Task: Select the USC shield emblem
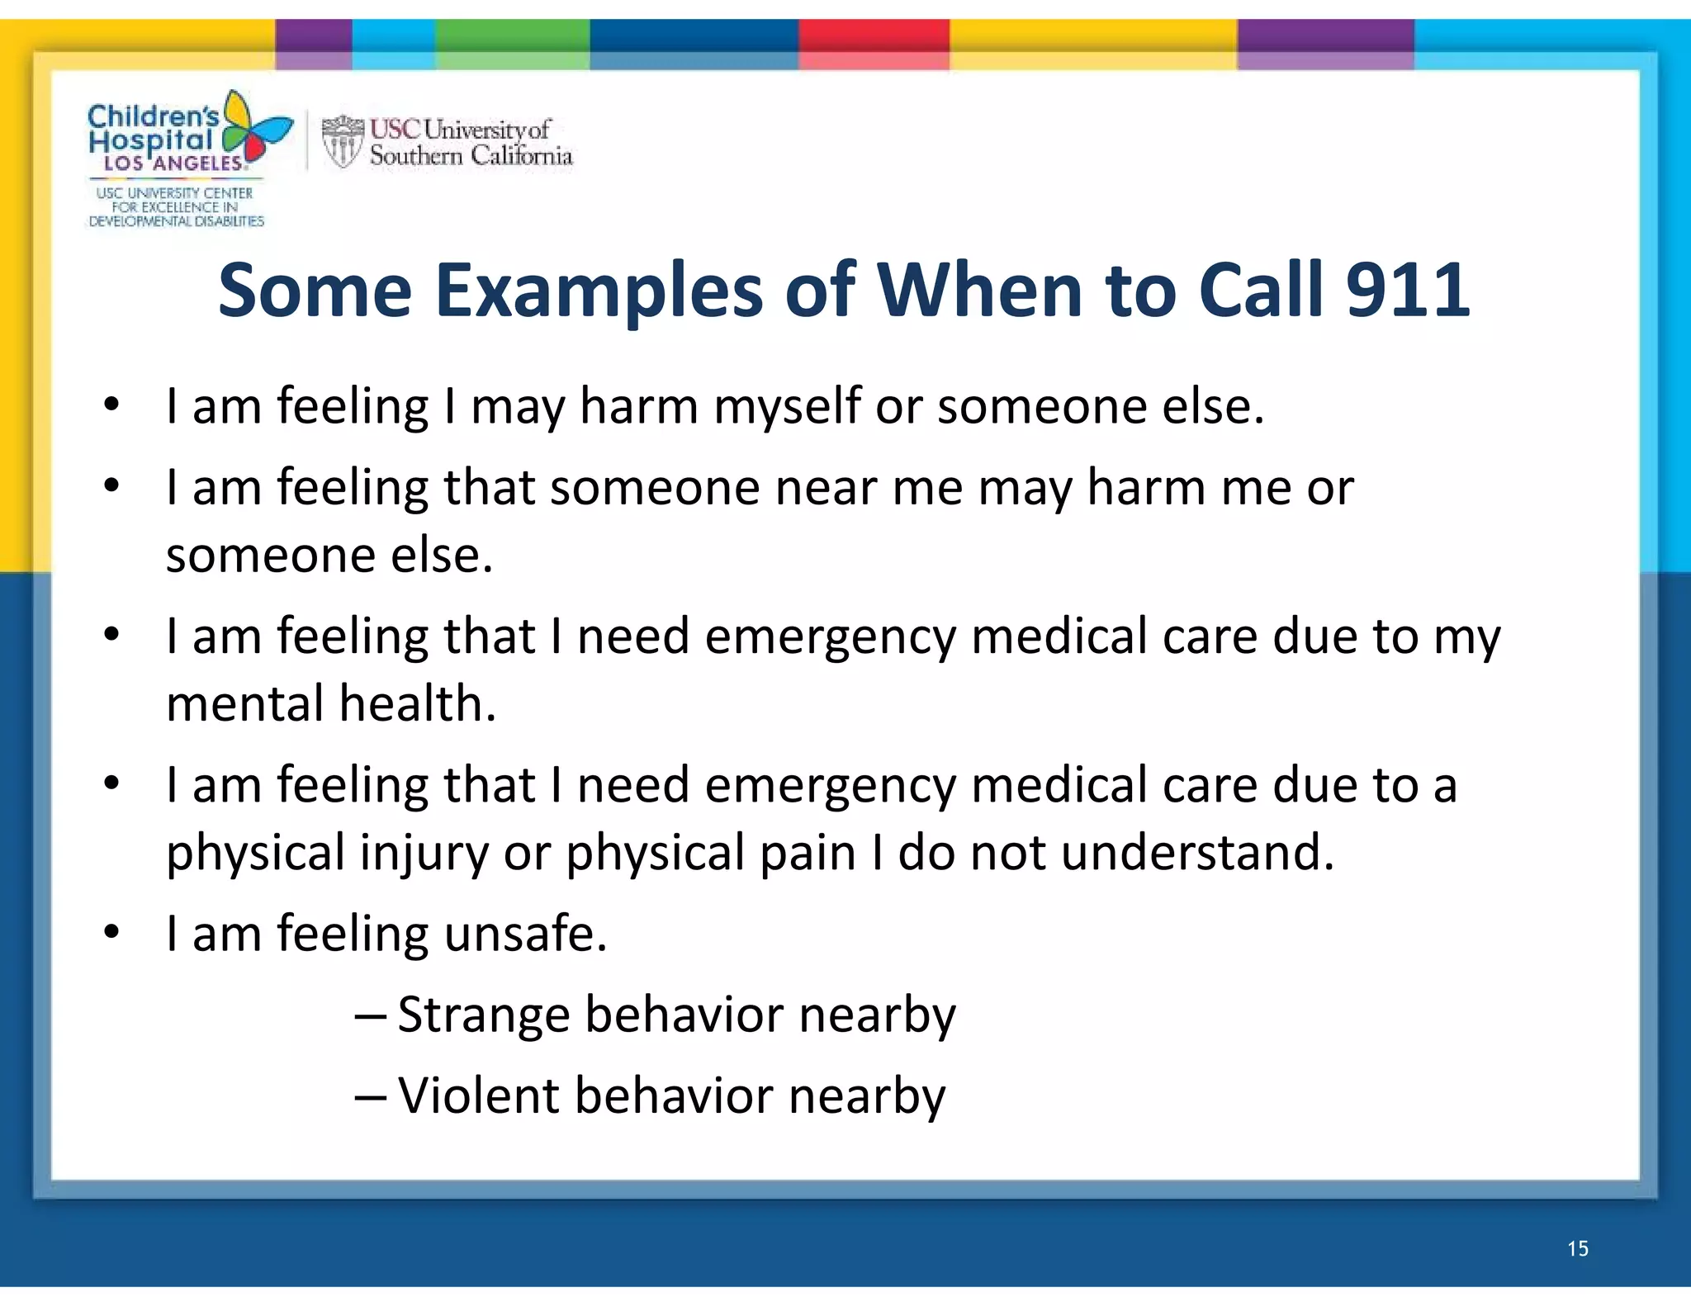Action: tap(342, 141)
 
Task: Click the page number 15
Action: tap(1578, 1248)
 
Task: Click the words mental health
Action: tap(331, 704)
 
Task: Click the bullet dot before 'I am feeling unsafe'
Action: tap(112, 933)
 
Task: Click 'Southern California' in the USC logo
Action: tap(471, 156)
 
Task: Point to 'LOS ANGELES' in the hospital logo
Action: tap(173, 163)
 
